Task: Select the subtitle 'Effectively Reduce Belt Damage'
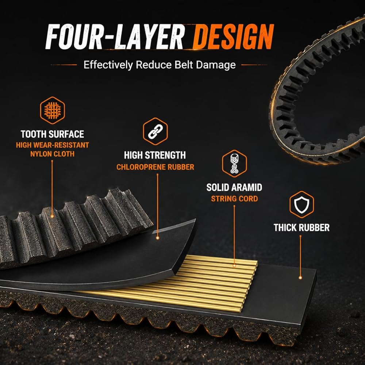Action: (160, 65)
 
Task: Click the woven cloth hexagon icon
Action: (52, 110)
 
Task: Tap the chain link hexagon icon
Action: (155, 131)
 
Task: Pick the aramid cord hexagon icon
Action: (234, 164)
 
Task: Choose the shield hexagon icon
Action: (301, 204)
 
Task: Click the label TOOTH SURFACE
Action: (52, 134)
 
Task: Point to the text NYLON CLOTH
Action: (52, 154)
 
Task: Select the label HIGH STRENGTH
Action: (155, 155)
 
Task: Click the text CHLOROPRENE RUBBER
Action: (155, 167)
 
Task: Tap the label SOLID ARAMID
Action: (234, 187)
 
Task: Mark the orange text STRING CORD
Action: (234, 199)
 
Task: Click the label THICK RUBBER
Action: (301, 228)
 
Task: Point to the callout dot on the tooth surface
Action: (52, 216)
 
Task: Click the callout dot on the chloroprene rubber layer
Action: (158, 238)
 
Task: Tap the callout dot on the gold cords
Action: (234, 266)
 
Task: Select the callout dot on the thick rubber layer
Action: (300, 278)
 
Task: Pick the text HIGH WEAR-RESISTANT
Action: (52, 145)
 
